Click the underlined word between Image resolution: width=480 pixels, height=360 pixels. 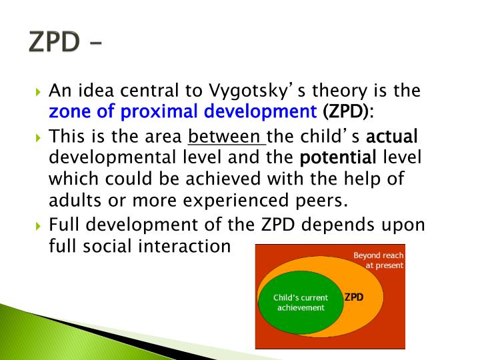coord(226,137)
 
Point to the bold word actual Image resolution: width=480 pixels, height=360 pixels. coord(392,137)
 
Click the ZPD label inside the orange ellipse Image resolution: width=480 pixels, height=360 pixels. coord(353,297)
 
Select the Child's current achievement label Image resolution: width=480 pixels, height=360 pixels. coord(301,303)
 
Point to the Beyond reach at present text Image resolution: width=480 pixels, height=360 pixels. coord(378,260)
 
